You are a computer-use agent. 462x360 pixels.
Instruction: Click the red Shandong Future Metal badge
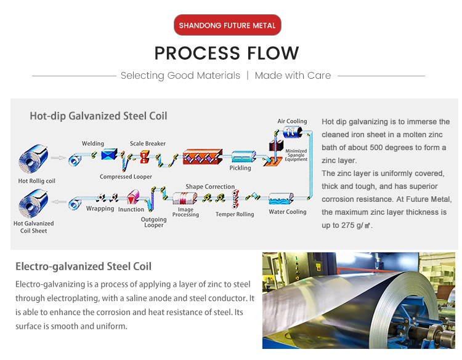coord(227,25)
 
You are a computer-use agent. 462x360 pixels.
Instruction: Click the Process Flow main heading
coord(227,54)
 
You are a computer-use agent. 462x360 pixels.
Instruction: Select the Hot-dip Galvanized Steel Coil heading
coord(99,116)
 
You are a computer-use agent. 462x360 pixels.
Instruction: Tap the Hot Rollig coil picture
coord(35,158)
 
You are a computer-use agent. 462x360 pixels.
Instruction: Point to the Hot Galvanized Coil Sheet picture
coord(34,203)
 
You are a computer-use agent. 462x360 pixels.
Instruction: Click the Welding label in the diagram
coord(93,144)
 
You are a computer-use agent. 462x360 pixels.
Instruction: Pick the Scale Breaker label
coord(148,144)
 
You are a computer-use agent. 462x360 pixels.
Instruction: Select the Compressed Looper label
coord(126,177)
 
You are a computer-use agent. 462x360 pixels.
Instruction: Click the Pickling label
coord(240,168)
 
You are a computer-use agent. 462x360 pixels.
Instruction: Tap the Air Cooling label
coord(292,121)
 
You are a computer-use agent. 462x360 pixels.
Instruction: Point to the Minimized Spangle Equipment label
coord(296,155)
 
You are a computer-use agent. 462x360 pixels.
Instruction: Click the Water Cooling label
coord(288,212)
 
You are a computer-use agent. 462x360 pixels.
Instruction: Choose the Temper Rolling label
coord(235,215)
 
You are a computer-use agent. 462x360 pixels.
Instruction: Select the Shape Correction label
coord(210,186)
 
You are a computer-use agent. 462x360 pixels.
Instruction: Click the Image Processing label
coord(185,212)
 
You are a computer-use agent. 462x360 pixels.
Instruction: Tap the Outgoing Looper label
coord(154,222)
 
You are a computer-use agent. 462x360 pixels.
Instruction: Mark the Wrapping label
coord(100,209)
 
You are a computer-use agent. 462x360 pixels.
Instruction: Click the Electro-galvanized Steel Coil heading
coord(83,266)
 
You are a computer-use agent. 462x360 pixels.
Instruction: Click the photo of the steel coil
coord(360,300)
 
